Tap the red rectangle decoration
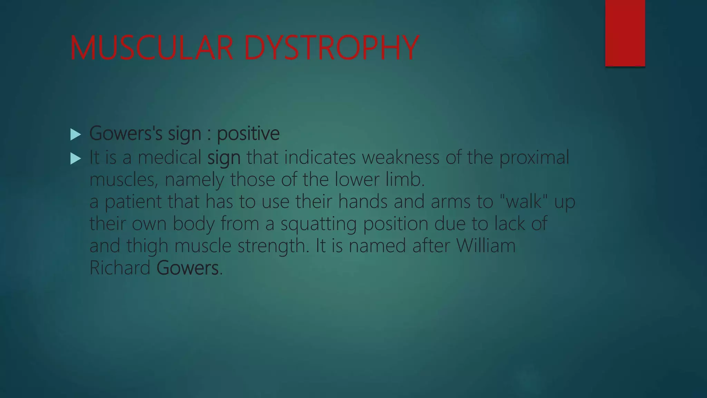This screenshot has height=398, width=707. tap(625, 33)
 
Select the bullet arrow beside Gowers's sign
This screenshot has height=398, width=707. tap(75, 134)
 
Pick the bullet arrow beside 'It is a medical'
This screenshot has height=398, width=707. tap(75, 159)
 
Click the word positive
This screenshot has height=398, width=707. tap(248, 134)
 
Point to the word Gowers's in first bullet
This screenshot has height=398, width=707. tap(126, 133)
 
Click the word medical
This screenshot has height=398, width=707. tap(169, 158)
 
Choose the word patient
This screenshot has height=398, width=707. tap(133, 202)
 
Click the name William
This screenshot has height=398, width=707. tap(486, 246)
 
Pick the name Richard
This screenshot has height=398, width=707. tap(120, 268)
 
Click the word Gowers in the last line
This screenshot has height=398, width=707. tap(187, 268)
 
